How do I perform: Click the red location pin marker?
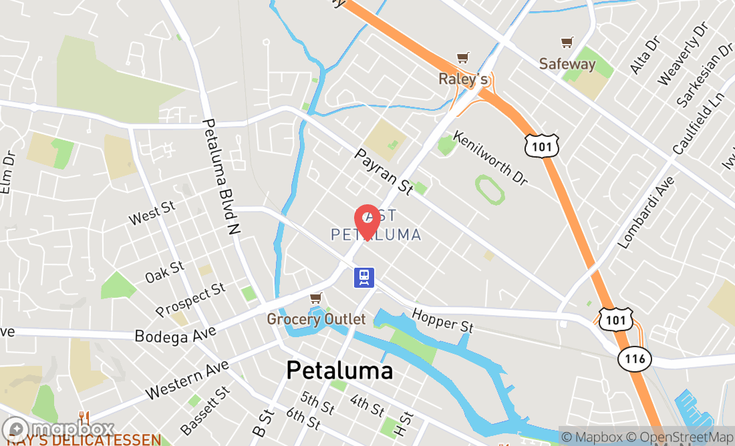(367, 221)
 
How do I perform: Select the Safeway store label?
(567, 64)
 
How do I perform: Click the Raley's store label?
(462, 79)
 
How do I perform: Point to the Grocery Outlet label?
(316, 319)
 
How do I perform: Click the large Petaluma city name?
(339, 371)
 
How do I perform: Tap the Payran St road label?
(384, 172)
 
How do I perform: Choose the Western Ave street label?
(186, 379)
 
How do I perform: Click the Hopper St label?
(442, 321)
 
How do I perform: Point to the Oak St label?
(164, 272)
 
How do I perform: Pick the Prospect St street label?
(190, 300)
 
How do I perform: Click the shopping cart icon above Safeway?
(567, 43)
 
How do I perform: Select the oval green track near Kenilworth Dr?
(490, 189)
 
